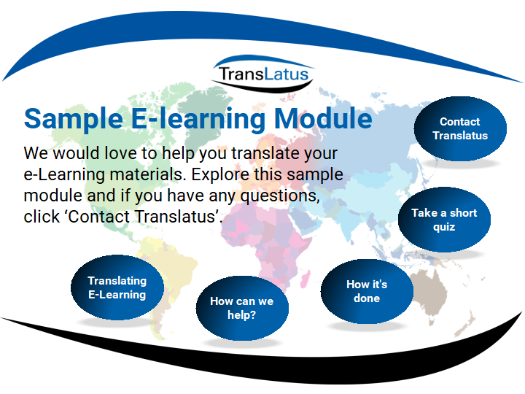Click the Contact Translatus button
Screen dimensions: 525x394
pos(460,128)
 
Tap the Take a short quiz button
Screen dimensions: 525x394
pos(444,220)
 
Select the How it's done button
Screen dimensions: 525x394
pos(367,291)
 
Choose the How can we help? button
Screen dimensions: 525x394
pos(242,308)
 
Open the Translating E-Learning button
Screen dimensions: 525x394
pos(117,287)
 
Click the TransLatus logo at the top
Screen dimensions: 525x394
pos(263,74)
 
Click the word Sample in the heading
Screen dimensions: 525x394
pos(74,119)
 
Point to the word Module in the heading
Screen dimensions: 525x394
pos(323,118)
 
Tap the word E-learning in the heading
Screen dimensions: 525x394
pos(198,119)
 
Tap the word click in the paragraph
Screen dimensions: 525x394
pos(42,217)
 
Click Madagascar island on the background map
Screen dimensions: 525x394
pos(305,279)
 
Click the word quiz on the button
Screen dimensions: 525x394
pos(444,227)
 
